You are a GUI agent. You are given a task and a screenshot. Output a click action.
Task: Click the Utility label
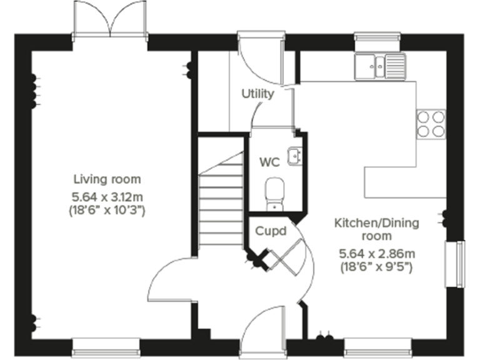point(258,94)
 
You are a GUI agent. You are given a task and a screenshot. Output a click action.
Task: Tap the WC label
point(269,162)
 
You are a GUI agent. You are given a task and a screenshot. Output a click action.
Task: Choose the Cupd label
point(271,231)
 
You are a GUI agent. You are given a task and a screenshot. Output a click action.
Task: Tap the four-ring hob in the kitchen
point(431,123)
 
